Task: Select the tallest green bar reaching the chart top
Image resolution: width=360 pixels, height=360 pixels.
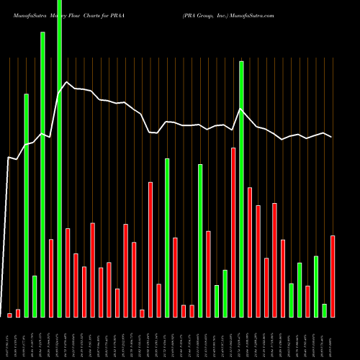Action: point(59,158)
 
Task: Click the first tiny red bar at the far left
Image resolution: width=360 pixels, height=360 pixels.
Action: point(9,315)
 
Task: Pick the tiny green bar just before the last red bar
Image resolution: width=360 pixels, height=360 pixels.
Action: point(324,310)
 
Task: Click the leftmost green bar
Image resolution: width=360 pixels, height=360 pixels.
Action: point(26,205)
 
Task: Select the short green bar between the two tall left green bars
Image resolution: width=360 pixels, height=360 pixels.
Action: point(35,296)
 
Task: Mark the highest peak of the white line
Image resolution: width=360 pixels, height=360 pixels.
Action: point(67,82)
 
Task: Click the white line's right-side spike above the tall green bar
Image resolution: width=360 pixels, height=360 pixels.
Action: point(241,109)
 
